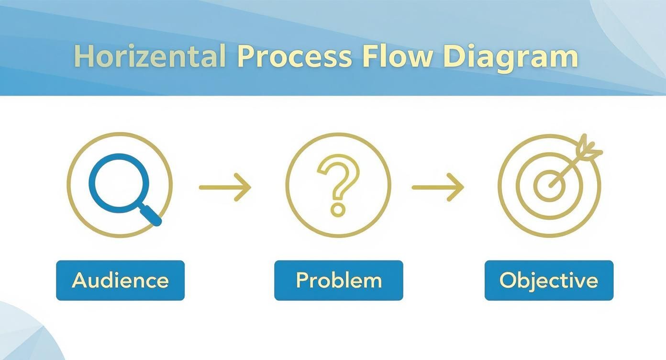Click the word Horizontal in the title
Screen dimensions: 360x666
coord(150,56)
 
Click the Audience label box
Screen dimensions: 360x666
coord(120,281)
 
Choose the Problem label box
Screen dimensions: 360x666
coord(338,281)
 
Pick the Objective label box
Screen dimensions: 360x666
coord(549,281)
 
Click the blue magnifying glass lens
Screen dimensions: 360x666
coord(113,181)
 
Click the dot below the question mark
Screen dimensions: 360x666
coord(338,209)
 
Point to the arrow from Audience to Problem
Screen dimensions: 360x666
coord(225,187)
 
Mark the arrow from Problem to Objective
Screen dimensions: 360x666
coord(438,187)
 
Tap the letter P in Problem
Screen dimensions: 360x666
coord(302,280)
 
